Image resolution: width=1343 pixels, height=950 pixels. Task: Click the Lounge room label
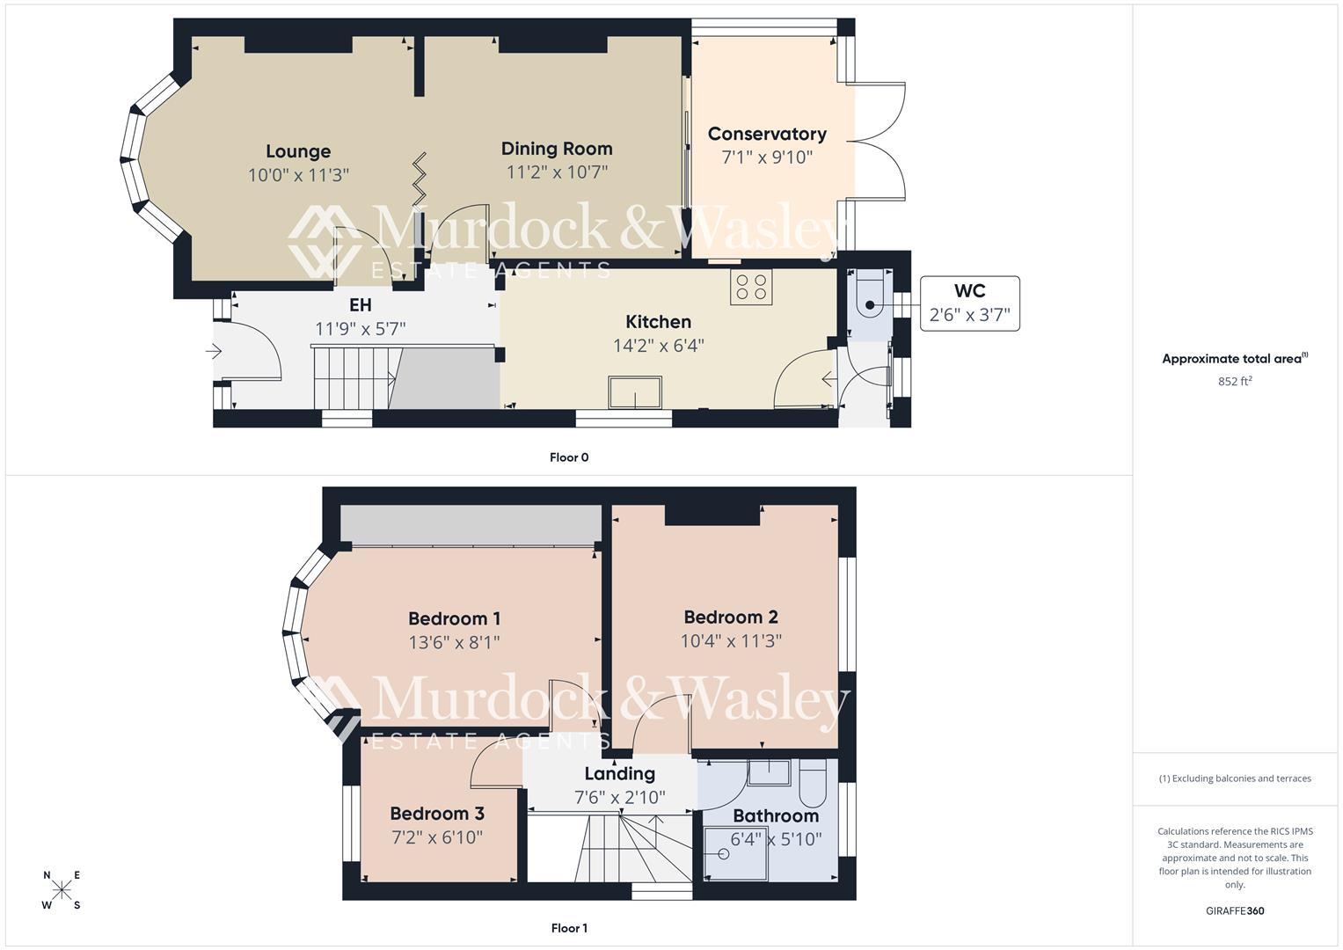(x=298, y=151)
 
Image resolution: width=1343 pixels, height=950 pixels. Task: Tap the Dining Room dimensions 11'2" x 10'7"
(x=557, y=172)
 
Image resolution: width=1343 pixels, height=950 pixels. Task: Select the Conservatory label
(x=767, y=134)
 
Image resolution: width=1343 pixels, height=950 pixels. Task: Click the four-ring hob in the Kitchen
(x=751, y=287)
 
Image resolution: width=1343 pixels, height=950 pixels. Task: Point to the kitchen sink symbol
(x=635, y=392)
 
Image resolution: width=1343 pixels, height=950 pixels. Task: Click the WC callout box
(x=969, y=303)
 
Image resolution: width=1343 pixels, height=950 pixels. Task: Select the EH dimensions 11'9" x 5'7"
(x=360, y=329)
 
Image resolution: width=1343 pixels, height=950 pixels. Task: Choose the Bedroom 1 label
(x=454, y=618)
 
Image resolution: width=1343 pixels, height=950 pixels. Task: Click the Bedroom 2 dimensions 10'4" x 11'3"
(x=731, y=641)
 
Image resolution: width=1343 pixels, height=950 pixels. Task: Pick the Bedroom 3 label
(x=437, y=814)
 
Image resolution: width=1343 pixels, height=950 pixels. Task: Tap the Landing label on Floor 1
(x=620, y=774)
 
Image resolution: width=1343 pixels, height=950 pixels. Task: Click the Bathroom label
(x=776, y=815)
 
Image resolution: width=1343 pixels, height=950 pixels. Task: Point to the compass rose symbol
(x=62, y=890)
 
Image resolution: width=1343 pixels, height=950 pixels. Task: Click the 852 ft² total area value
(x=1235, y=382)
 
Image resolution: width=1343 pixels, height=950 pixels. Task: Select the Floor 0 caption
(x=569, y=457)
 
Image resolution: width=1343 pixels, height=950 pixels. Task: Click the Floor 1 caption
(x=569, y=928)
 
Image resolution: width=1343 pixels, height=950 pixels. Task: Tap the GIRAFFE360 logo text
(x=1235, y=911)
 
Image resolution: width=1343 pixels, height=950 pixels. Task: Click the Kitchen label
(x=658, y=322)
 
